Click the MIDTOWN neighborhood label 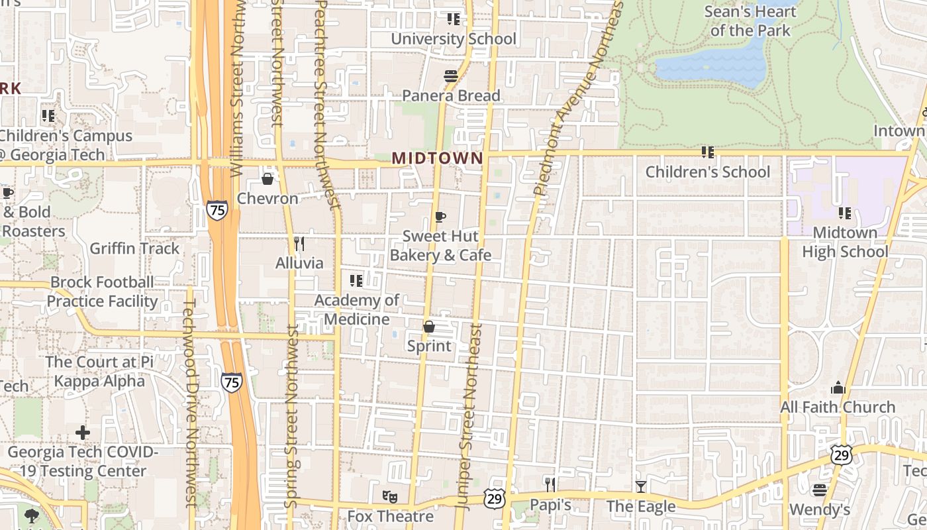click(437, 158)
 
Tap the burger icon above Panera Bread click(451, 76)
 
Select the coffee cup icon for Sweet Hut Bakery click(440, 217)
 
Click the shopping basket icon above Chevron click(268, 179)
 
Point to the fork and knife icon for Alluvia click(299, 244)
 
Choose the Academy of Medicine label click(356, 309)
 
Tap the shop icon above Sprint click(429, 327)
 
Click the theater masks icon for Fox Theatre click(390, 496)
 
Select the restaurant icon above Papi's click(550, 485)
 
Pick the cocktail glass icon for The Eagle click(640, 487)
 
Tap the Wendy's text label click(820, 509)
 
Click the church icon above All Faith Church click(838, 388)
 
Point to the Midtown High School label click(844, 242)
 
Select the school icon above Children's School click(708, 152)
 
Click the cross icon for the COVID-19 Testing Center click(83, 433)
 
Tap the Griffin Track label click(134, 248)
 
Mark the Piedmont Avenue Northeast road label click(577, 99)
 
